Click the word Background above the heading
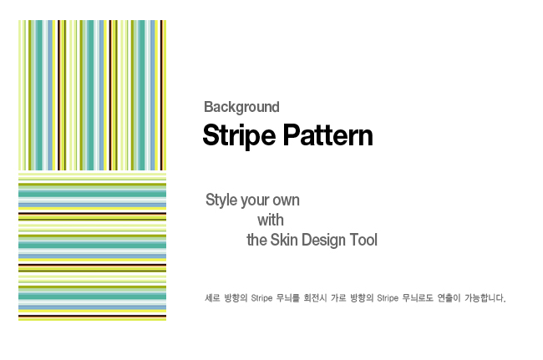(241, 108)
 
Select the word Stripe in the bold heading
(239, 136)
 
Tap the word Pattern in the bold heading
(328, 135)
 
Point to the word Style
(221, 200)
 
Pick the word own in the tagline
(287, 200)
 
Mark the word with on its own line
(271, 220)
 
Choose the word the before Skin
(256, 240)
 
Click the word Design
(323, 241)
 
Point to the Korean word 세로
(212, 298)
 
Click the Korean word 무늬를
(287, 298)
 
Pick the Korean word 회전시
(315, 298)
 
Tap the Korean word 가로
(338, 298)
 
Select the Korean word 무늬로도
(418, 298)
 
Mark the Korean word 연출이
(449, 298)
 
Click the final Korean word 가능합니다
(485, 298)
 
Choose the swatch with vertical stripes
(93, 95)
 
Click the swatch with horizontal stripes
(93, 246)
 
